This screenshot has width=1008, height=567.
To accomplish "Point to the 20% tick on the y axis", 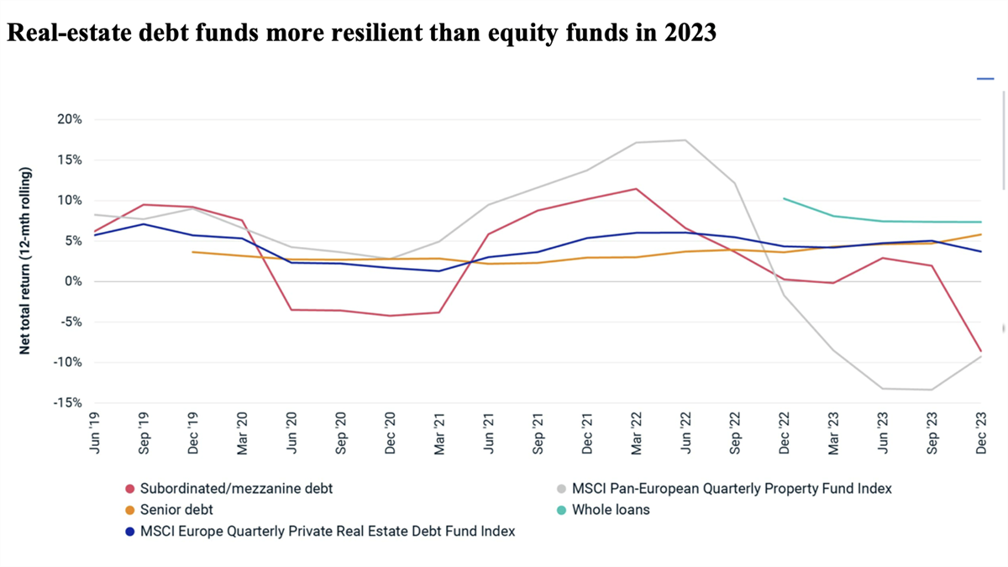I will coord(70,119).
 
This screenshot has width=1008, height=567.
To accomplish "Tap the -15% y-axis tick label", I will coord(67,402).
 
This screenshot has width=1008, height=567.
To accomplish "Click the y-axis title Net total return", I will coord(25,260).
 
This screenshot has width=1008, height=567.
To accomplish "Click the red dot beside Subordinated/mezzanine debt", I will coord(130,489).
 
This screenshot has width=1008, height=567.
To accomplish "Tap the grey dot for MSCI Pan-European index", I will coord(560,489).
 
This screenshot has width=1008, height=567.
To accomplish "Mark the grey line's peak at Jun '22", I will coord(685,140).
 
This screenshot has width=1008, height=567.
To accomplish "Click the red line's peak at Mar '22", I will coord(636,189).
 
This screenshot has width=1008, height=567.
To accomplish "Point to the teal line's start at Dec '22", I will coord(784,199).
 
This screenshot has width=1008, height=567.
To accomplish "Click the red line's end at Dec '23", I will coord(980,351).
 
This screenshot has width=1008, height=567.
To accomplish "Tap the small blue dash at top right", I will coord(985,79).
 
